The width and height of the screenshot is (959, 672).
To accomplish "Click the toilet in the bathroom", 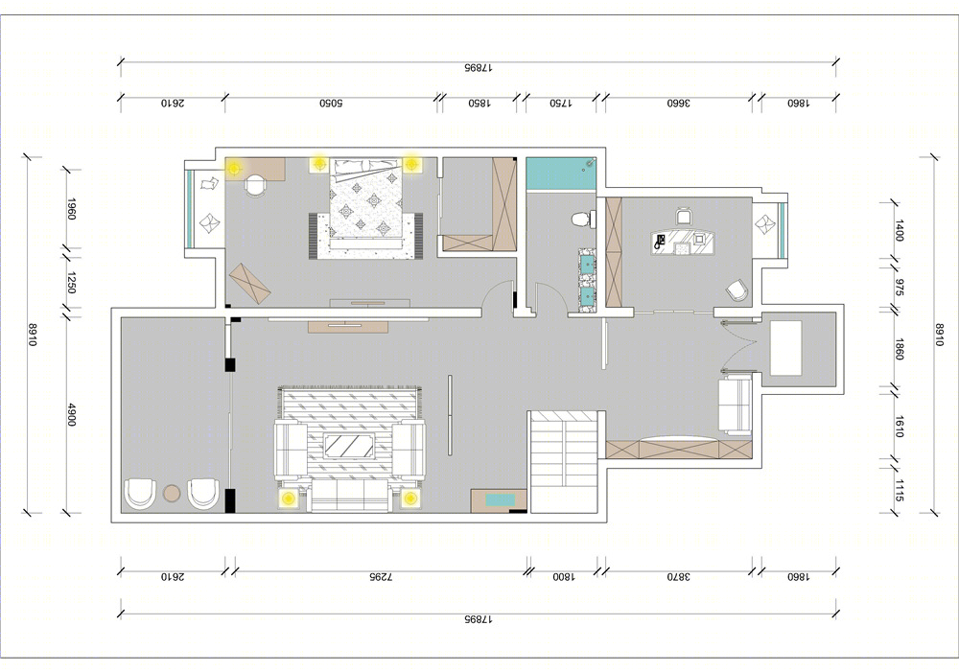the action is point(583,219).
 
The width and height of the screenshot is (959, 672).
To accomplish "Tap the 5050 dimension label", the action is point(330,104).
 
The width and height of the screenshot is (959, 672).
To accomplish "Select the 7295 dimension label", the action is point(380,576).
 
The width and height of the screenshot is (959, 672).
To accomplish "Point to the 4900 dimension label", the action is point(71,415).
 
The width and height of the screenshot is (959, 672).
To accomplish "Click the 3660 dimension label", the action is point(678,104).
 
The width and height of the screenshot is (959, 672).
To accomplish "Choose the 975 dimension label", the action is point(900,288).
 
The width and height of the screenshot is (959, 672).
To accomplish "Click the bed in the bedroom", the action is point(367,204).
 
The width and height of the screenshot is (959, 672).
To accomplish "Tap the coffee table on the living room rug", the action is point(349,446).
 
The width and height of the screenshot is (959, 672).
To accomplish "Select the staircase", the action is point(563,461).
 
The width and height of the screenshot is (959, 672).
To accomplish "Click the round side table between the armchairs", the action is point(172,493).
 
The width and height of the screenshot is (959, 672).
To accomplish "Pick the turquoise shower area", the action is point(561,174).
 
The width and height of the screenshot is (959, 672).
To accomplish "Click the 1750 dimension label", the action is point(560,104).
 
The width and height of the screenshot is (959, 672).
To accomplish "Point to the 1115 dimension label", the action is point(899,490).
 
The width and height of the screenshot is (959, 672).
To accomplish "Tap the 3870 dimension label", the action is point(678,576).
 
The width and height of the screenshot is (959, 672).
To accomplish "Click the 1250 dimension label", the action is point(71,282).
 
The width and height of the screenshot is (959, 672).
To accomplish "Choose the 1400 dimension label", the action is point(900,230).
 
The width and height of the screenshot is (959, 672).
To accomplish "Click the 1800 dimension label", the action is point(563,576).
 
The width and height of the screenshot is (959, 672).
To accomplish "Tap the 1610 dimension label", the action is point(899,427).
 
